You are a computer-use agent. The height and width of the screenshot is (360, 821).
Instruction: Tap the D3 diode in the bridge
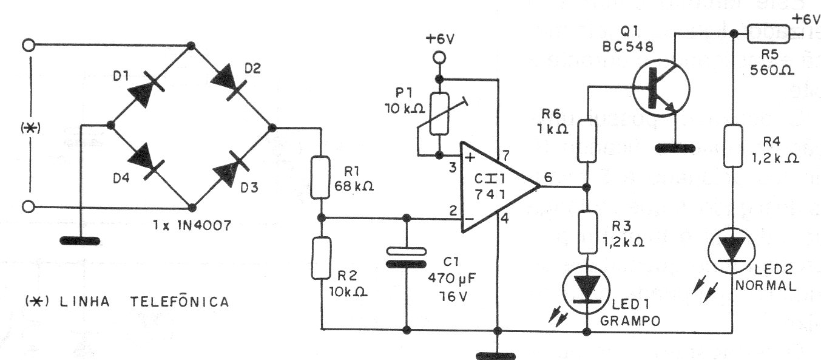pyautogui.click(x=231, y=168)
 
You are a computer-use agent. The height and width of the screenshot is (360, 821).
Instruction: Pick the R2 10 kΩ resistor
pyautogui.click(x=320, y=259)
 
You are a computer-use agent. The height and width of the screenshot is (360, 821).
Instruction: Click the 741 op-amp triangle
pyautogui.click(x=494, y=186)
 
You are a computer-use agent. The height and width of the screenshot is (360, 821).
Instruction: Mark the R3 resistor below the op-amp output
pyautogui.click(x=587, y=229)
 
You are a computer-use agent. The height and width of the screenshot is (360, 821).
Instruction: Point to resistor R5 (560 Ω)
pyautogui.click(x=769, y=33)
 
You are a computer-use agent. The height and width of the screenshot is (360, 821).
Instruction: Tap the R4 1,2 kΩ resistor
pyautogui.click(x=733, y=146)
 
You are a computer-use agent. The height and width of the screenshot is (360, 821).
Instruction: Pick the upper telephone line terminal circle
pyautogui.click(x=27, y=44)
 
